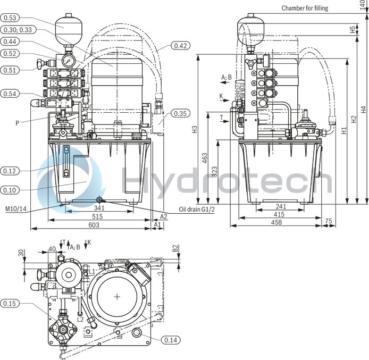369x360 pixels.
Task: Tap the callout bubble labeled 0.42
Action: click(x=181, y=46)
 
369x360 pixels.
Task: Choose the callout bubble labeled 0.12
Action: click(x=11, y=171)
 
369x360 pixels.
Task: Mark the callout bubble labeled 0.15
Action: click(x=11, y=304)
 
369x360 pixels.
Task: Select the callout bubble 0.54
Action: click(x=11, y=94)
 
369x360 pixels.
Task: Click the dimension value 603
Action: click(x=94, y=225)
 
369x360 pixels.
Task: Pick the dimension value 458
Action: click(x=275, y=222)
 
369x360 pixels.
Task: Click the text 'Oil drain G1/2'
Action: click(x=196, y=210)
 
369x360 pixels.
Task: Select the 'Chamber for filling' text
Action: click(x=305, y=8)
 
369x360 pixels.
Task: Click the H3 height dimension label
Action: click(x=195, y=129)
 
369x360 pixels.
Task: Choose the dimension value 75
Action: click(x=328, y=221)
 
